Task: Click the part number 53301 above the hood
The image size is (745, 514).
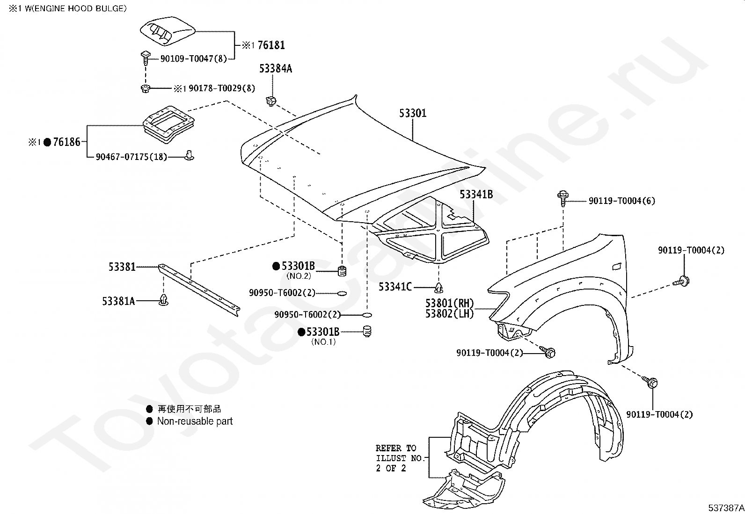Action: tap(412, 113)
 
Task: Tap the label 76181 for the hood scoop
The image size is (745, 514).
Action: tap(271, 45)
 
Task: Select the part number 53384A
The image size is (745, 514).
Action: tap(275, 68)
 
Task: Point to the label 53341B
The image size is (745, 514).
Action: tap(476, 195)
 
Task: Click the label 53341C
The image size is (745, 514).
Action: tap(395, 287)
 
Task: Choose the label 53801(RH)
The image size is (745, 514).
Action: tap(449, 303)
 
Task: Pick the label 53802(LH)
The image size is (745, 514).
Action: tap(449, 313)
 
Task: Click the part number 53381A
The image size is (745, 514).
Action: tap(118, 301)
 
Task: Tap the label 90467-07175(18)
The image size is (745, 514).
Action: tap(131, 157)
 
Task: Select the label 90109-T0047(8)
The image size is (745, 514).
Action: tap(194, 59)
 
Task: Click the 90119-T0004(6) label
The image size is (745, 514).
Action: tap(621, 201)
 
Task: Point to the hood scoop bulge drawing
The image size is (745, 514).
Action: tap(167, 30)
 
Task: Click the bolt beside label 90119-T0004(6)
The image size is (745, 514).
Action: tap(563, 198)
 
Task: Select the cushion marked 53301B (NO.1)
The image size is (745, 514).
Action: tap(367, 331)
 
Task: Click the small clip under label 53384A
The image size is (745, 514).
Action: tap(271, 101)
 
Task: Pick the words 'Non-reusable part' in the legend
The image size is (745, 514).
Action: tap(195, 421)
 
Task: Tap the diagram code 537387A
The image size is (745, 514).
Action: tap(726, 507)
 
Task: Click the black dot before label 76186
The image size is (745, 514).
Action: tap(48, 142)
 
